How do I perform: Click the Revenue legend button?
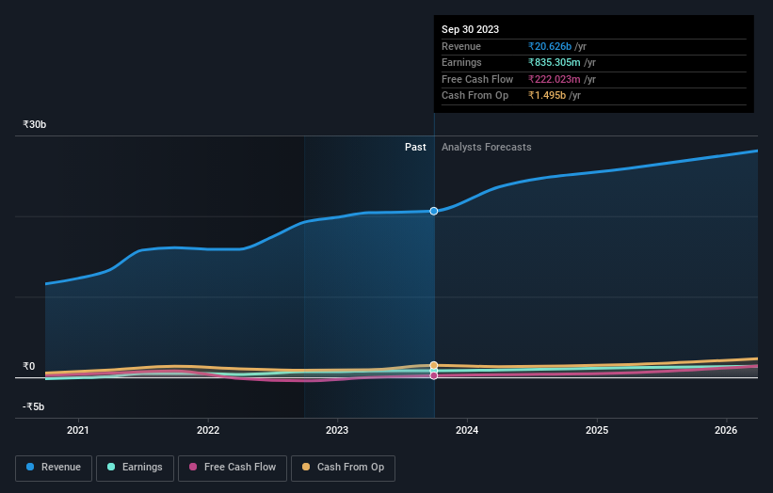(x=54, y=468)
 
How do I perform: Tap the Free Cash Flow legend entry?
(x=232, y=468)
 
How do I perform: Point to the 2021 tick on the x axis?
(x=78, y=431)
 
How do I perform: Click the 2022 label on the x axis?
(x=208, y=431)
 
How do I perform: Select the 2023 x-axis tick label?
(x=337, y=431)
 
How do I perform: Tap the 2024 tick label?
(x=467, y=431)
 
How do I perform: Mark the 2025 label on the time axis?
(x=597, y=431)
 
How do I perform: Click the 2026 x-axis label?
(x=726, y=431)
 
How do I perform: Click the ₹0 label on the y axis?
(x=29, y=367)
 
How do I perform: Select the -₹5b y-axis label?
(x=34, y=407)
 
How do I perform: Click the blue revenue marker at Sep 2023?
(x=434, y=211)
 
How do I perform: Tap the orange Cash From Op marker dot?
(x=434, y=365)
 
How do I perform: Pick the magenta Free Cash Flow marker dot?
(x=434, y=375)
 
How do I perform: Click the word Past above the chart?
(x=415, y=148)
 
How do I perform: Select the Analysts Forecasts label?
(x=486, y=148)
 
